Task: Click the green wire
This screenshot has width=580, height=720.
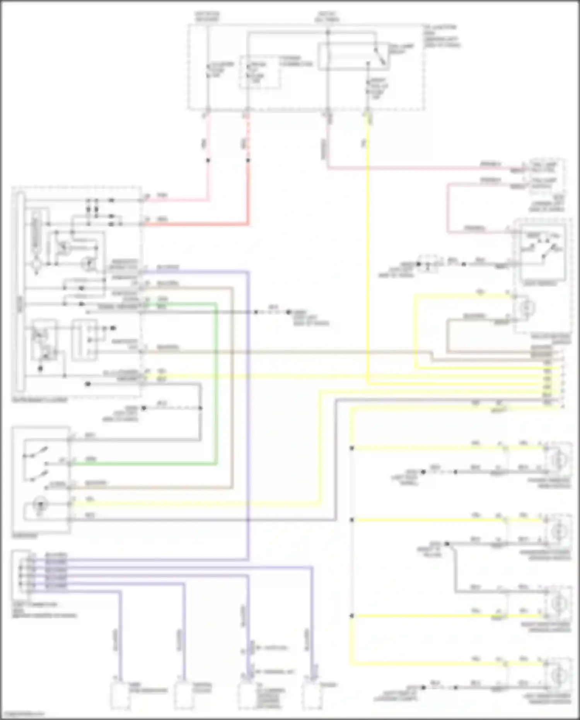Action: tap(216, 387)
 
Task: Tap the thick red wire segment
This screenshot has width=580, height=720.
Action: tap(248, 193)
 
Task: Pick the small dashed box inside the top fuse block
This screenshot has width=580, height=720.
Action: tap(259, 72)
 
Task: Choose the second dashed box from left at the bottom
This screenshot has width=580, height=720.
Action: tap(184, 695)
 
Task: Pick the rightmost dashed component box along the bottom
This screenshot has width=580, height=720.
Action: tap(312, 695)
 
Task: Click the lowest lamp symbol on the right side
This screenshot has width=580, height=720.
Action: tap(558, 675)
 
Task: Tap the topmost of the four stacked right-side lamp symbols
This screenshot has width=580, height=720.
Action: tap(558, 460)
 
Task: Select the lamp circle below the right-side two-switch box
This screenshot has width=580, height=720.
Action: tap(527, 308)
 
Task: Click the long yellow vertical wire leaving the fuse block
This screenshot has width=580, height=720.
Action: tap(367, 251)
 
